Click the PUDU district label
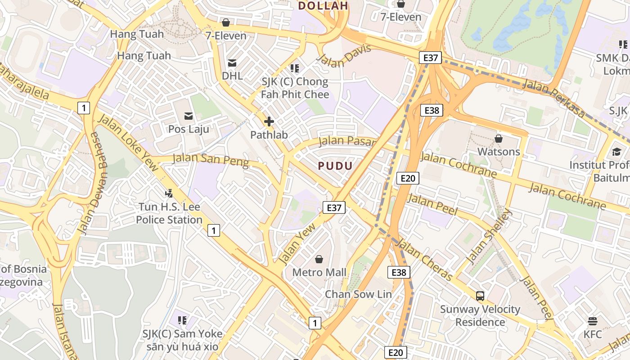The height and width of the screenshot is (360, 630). [x=335, y=166]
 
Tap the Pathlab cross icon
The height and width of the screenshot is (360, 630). [x=269, y=121]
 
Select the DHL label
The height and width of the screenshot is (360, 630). [x=232, y=76]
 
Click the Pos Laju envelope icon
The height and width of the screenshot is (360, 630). [x=189, y=117]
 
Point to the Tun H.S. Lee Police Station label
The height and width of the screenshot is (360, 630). [x=169, y=213]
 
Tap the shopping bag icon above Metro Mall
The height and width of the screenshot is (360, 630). [x=319, y=259]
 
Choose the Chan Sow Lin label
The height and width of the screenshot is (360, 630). [x=358, y=294]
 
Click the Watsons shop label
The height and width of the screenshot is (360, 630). [x=499, y=152]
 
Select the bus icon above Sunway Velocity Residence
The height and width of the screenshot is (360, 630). [x=480, y=296]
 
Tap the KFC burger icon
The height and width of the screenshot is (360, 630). [x=593, y=321]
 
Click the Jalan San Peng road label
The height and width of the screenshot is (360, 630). [x=211, y=160]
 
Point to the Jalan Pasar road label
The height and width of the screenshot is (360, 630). [x=346, y=142]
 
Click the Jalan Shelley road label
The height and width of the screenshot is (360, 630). [x=489, y=236]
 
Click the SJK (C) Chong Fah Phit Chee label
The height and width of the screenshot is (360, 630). [x=295, y=88]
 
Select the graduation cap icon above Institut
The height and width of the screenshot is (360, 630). [x=616, y=152]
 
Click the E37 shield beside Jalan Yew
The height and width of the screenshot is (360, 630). [x=334, y=207]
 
